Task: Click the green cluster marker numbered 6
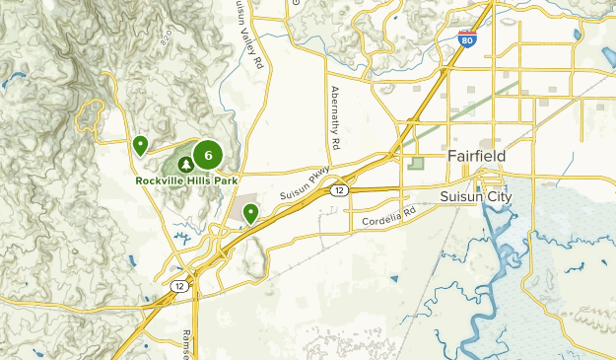tap(208, 155)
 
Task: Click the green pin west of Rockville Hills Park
tap(141, 146)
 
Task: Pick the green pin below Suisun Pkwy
tap(251, 212)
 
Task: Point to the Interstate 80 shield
tap(467, 39)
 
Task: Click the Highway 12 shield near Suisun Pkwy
tap(338, 189)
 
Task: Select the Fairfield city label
tap(476, 157)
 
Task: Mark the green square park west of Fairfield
tap(417, 163)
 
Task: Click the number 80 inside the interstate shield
tap(467, 41)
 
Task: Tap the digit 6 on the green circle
tap(208, 155)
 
